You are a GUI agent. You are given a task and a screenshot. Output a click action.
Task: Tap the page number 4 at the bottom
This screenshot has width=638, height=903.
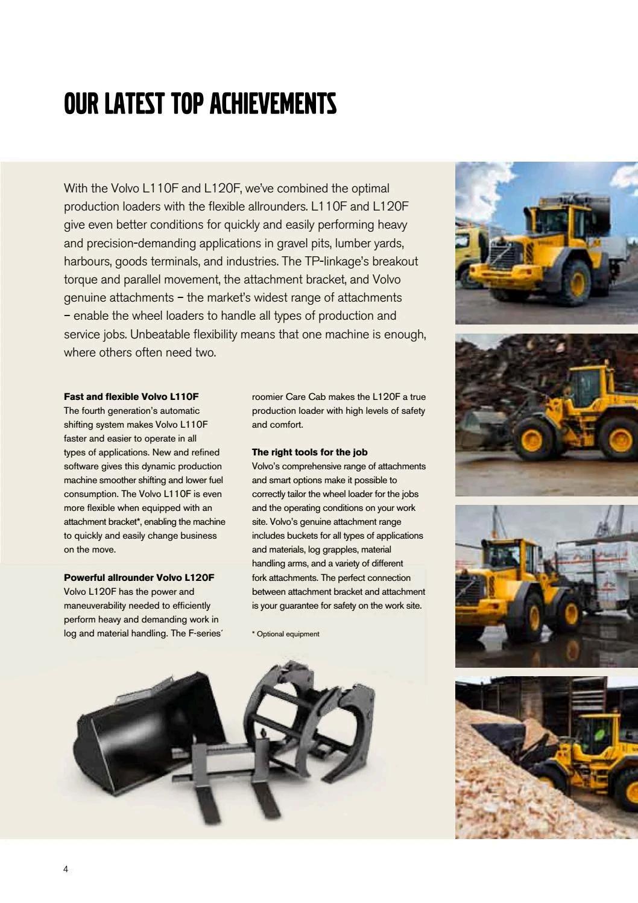tap(66, 869)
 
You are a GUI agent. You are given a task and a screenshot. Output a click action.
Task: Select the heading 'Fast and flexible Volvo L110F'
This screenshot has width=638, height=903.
tap(131, 397)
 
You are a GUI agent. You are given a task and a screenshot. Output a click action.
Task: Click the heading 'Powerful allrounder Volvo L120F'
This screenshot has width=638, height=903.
tap(139, 578)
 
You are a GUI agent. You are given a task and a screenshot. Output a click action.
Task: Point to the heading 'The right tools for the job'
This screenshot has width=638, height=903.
tap(309, 452)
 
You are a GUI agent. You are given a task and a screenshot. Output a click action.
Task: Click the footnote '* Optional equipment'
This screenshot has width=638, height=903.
tap(286, 634)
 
